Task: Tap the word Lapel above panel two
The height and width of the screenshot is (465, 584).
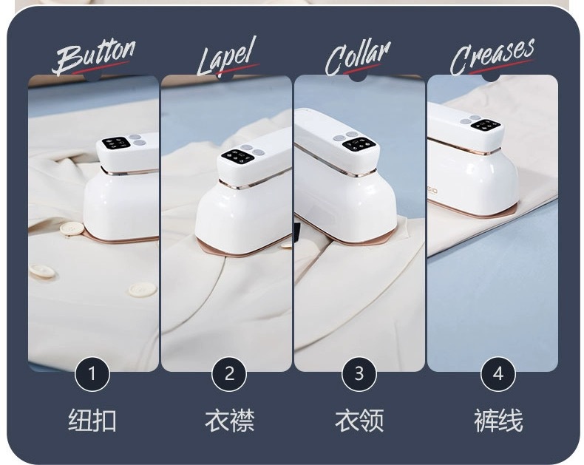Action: (227, 57)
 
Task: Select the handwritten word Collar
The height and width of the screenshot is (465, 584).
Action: (358, 58)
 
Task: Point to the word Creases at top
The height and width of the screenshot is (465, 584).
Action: (492, 56)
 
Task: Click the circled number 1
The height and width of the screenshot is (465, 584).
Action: (92, 374)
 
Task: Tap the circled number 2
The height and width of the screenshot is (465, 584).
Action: (229, 374)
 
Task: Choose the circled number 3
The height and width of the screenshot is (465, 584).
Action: (359, 374)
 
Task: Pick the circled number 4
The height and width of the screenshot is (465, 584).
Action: (498, 374)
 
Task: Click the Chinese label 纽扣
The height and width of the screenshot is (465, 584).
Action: (92, 421)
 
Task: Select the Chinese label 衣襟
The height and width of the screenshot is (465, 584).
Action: (229, 421)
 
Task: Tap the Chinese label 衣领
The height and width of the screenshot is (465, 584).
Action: (359, 421)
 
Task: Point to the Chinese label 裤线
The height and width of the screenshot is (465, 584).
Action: (498, 421)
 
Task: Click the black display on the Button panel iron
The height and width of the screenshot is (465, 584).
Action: (116, 143)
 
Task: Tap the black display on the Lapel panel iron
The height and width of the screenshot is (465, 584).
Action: (238, 156)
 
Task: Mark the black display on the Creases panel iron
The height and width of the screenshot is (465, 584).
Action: (485, 125)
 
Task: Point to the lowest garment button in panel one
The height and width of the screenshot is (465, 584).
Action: (140, 289)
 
